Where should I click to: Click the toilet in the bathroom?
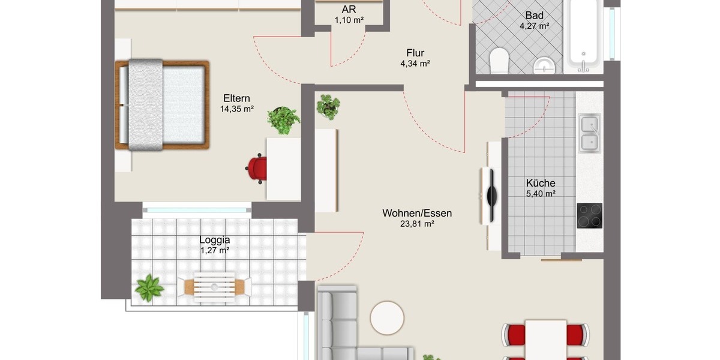click(x=499, y=61)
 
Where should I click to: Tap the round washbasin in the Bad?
click(x=544, y=65)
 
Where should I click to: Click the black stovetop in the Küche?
click(x=589, y=216)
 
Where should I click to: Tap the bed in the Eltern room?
click(x=162, y=104)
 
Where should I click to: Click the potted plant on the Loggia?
click(x=148, y=287)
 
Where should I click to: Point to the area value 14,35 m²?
click(x=237, y=109)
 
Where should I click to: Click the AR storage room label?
click(x=349, y=10)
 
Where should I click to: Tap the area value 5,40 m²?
click(x=541, y=193)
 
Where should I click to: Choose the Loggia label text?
click(x=215, y=240)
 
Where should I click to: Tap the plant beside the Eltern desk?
click(x=283, y=119)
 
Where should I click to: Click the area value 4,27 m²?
click(x=535, y=26)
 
